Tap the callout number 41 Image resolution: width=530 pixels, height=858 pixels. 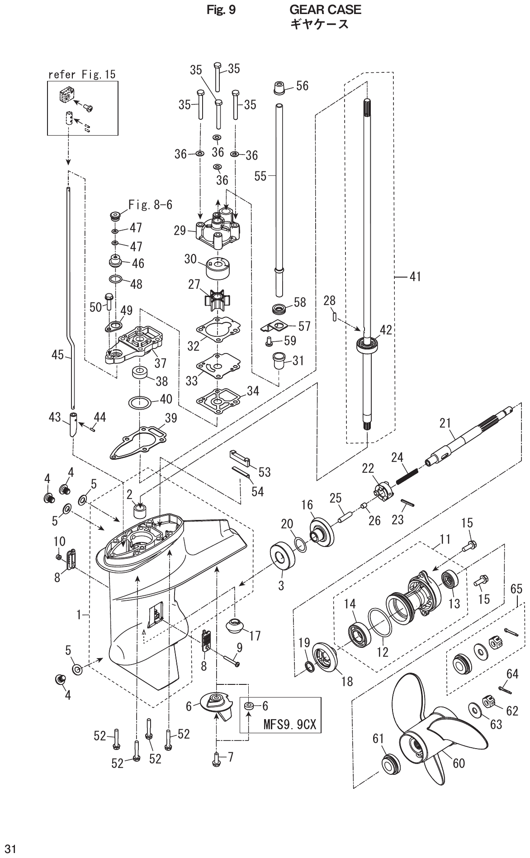click(x=415, y=276)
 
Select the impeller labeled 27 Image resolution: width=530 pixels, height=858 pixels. click(x=217, y=299)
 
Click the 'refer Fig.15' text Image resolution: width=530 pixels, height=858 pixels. click(x=82, y=74)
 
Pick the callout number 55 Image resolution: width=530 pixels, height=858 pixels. click(x=260, y=176)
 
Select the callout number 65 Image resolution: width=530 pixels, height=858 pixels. click(x=516, y=589)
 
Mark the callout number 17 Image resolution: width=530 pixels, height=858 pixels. click(x=255, y=636)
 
